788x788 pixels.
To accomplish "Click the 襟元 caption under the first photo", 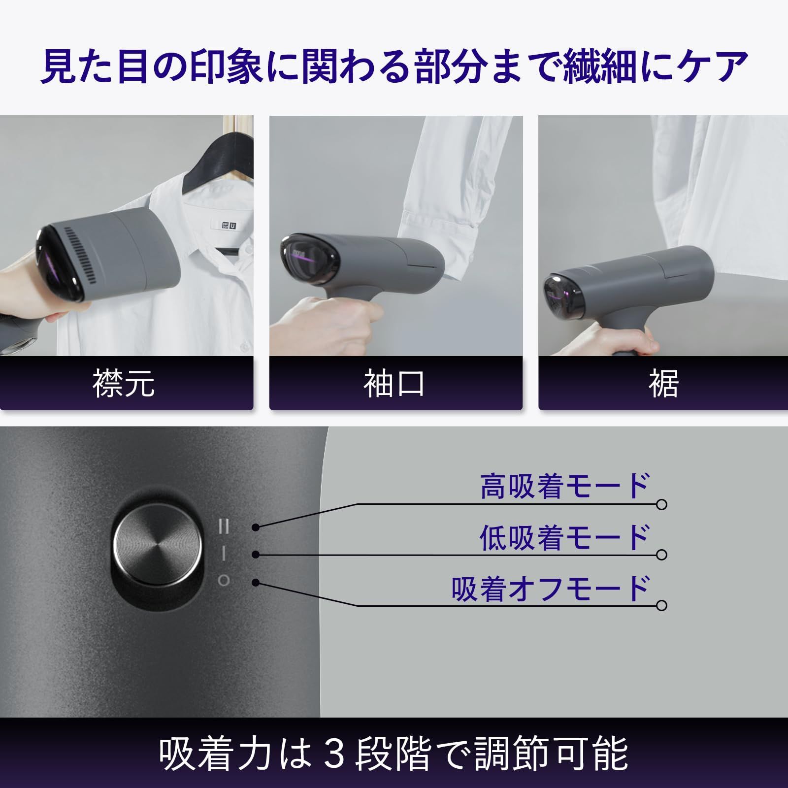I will click(124, 384).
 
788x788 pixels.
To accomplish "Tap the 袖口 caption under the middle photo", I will click(394, 384).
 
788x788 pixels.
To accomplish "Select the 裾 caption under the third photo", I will click(663, 384).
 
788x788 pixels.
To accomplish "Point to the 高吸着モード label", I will click(565, 486).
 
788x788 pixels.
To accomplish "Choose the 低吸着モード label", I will click(565, 537).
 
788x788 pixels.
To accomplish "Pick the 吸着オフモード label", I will click(551, 589).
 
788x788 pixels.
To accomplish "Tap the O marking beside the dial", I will click(224, 581).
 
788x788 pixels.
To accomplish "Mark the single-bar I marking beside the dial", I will click(224, 554).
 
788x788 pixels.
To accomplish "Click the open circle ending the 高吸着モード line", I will click(662, 504).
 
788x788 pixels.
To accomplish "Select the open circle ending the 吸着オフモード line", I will click(662, 605).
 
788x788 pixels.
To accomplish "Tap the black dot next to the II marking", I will click(255, 527).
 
